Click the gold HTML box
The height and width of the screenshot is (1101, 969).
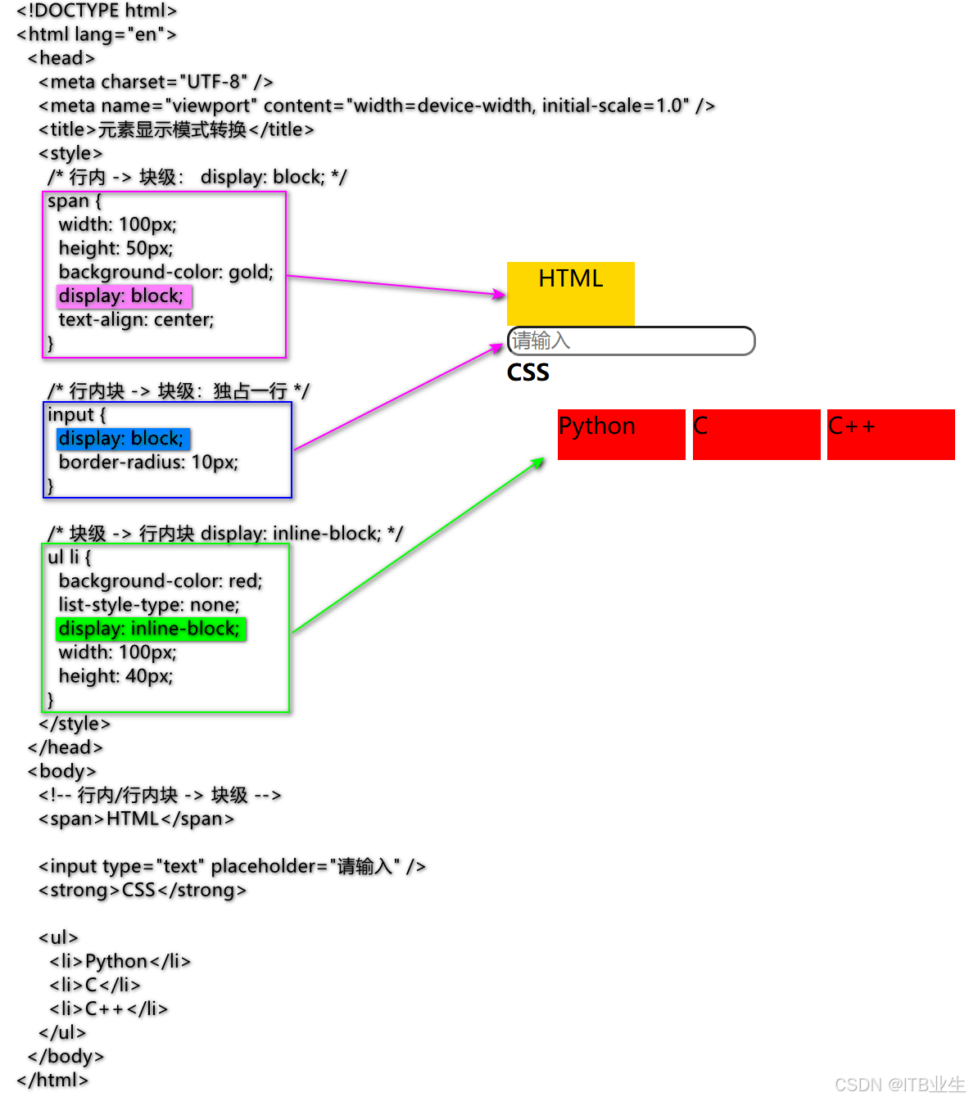[570, 293]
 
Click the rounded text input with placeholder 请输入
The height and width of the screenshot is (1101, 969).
[631, 341]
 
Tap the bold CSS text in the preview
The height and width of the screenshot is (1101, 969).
[528, 372]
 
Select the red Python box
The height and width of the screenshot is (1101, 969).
[621, 434]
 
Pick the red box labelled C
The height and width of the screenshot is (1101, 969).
[756, 434]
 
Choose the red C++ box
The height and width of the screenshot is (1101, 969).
[890, 434]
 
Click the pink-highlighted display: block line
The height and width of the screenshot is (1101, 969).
[123, 296]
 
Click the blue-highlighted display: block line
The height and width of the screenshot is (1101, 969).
[123, 438]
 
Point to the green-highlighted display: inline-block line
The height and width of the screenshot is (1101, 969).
[151, 629]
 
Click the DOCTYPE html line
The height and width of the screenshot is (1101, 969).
[97, 11]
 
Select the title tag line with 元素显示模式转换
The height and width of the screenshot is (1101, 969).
[176, 129]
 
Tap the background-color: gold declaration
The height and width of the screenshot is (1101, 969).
[165, 272]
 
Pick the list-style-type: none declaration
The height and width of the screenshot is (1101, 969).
[149, 605]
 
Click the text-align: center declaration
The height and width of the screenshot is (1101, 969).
[136, 319]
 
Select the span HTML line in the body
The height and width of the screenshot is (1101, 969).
[136, 819]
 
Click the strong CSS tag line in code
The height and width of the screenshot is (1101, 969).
[143, 890]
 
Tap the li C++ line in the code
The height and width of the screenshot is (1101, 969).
[108, 1008]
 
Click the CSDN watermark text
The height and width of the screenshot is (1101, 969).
[899, 1085]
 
